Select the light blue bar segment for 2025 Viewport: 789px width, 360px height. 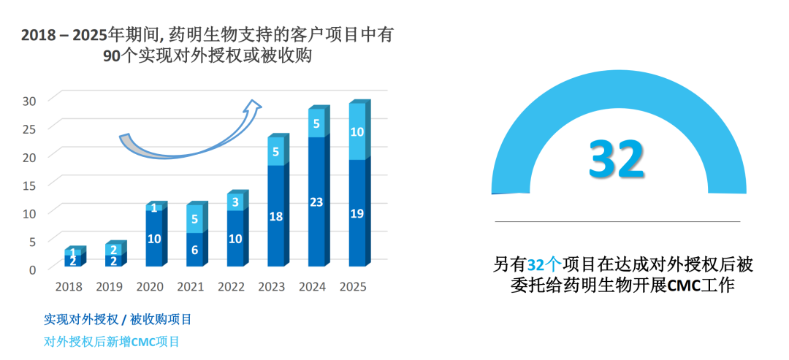357,132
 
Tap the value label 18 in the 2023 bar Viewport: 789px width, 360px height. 275,216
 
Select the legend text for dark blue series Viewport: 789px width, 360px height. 118,319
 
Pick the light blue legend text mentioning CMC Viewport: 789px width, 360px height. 112,341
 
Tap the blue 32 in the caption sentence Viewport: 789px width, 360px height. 535,264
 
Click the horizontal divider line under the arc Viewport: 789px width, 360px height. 617,221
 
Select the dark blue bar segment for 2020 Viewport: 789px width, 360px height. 154,239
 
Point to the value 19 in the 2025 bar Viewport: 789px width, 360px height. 357,214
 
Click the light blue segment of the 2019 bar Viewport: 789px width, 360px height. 114,250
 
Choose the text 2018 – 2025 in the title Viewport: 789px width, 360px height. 64,34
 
